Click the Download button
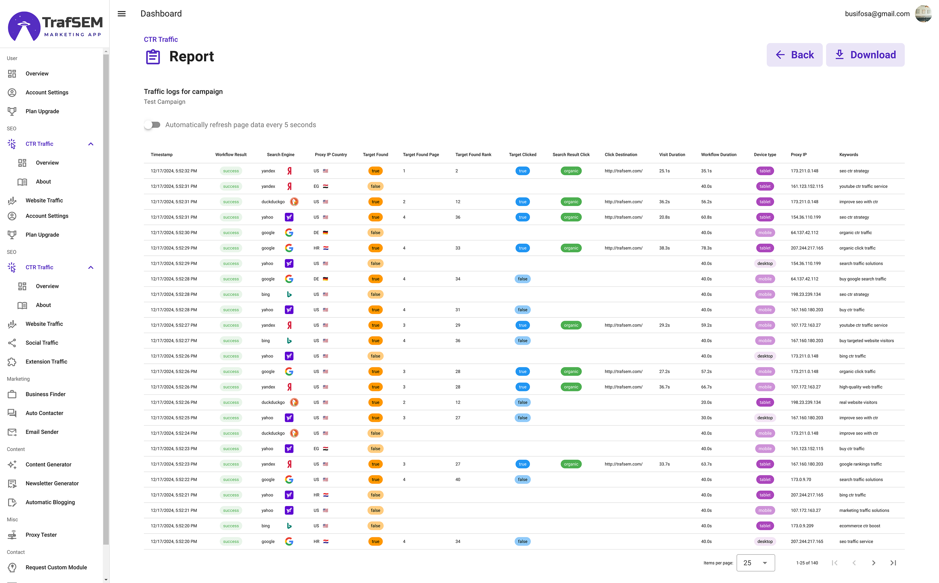pyautogui.click(x=865, y=55)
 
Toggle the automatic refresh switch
pyautogui.click(x=152, y=125)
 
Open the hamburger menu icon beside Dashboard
pyautogui.click(x=122, y=14)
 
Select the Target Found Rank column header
pyautogui.click(x=473, y=155)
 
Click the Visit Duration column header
pyautogui.click(x=672, y=155)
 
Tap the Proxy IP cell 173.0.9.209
pyautogui.click(x=802, y=526)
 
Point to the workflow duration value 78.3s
pyautogui.click(x=706, y=248)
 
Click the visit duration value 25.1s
pyautogui.click(x=664, y=171)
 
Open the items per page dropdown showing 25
pyautogui.click(x=756, y=563)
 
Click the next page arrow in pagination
pyautogui.click(x=874, y=563)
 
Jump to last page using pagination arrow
pyautogui.click(x=893, y=563)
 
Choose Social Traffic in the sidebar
pyautogui.click(x=42, y=343)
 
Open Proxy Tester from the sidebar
pyautogui.click(x=41, y=535)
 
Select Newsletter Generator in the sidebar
pyautogui.click(x=52, y=483)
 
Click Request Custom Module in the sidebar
pyautogui.click(x=56, y=568)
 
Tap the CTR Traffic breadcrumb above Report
pyautogui.click(x=161, y=40)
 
